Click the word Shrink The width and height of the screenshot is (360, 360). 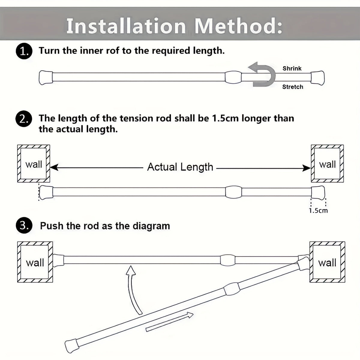pyautogui.click(x=292, y=68)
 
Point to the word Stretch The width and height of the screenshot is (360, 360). pyautogui.click(x=292, y=87)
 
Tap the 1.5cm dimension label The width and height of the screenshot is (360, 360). pyautogui.click(x=318, y=211)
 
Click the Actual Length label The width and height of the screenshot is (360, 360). pyautogui.click(x=180, y=167)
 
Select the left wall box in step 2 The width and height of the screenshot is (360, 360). pyautogui.click(x=34, y=164)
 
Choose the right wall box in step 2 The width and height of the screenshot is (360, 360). pyautogui.click(x=327, y=164)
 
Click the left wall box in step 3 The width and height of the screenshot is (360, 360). pyautogui.click(x=35, y=262)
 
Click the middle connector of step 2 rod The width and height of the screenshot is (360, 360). pyautogui.click(x=233, y=192)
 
